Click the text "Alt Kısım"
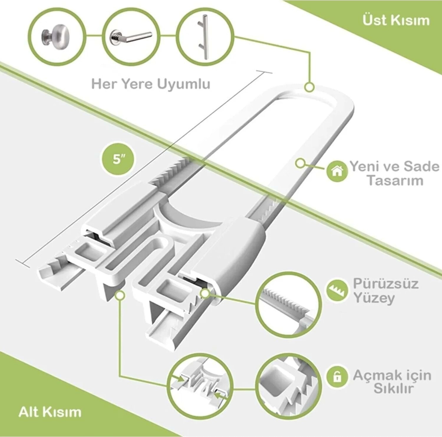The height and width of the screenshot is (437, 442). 50,412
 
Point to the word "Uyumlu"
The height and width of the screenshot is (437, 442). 183,84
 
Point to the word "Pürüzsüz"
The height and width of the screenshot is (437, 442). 385,284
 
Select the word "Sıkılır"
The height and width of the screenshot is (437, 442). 393,389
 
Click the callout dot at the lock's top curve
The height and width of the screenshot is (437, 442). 309,87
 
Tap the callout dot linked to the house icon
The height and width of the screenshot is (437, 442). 300,163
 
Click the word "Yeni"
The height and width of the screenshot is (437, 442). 363,167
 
